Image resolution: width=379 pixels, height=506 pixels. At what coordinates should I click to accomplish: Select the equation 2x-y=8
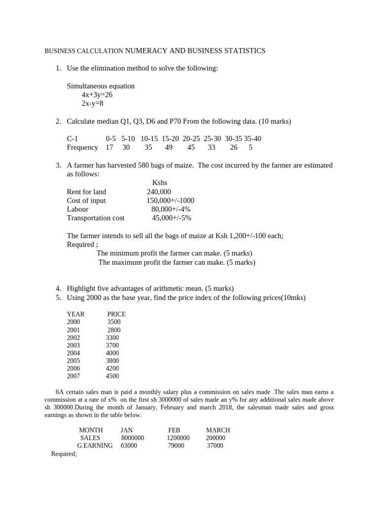(x=92, y=104)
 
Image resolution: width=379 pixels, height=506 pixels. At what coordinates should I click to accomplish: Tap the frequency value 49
(x=169, y=147)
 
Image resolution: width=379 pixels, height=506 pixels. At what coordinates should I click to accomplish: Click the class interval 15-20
(x=170, y=138)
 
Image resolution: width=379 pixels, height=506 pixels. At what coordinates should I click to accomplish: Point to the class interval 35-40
(x=252, y=138)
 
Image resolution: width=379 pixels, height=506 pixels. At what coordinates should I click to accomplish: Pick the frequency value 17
(x=110, y=147)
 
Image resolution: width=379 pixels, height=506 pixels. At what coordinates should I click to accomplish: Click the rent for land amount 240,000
(x=159, y=192)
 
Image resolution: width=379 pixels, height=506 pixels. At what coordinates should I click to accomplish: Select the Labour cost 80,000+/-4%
(x=171, y=209)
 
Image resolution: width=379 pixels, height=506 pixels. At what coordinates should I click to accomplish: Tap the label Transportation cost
(x=95, y=218)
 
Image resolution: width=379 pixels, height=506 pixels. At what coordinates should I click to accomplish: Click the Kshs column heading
(x=160, y=183)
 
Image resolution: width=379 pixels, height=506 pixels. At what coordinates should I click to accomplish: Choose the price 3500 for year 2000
(x=114, y=322)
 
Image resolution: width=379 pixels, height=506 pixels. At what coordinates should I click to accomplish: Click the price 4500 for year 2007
(x=112, y=376)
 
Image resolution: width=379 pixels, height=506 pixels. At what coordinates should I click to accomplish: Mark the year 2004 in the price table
(x=73, y=353)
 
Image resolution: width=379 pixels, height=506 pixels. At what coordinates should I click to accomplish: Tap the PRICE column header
(x=116, y=314)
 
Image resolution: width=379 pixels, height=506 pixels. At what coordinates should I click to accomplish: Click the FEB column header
(x=174, y=430)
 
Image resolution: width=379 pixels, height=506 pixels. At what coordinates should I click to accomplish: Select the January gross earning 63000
(x=129, y=446)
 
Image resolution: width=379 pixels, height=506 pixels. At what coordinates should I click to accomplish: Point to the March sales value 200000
(x=215, y=438)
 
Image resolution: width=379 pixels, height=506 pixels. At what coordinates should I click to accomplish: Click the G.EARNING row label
(x=95, y=446)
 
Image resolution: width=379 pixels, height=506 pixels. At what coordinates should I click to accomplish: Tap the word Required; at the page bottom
(x=64, y=454)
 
